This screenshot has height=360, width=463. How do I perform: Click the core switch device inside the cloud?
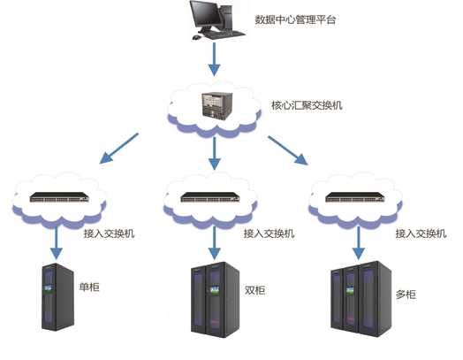point(215,107)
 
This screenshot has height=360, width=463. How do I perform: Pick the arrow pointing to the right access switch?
point(289,149)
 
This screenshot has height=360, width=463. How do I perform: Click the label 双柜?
point(254,291)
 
